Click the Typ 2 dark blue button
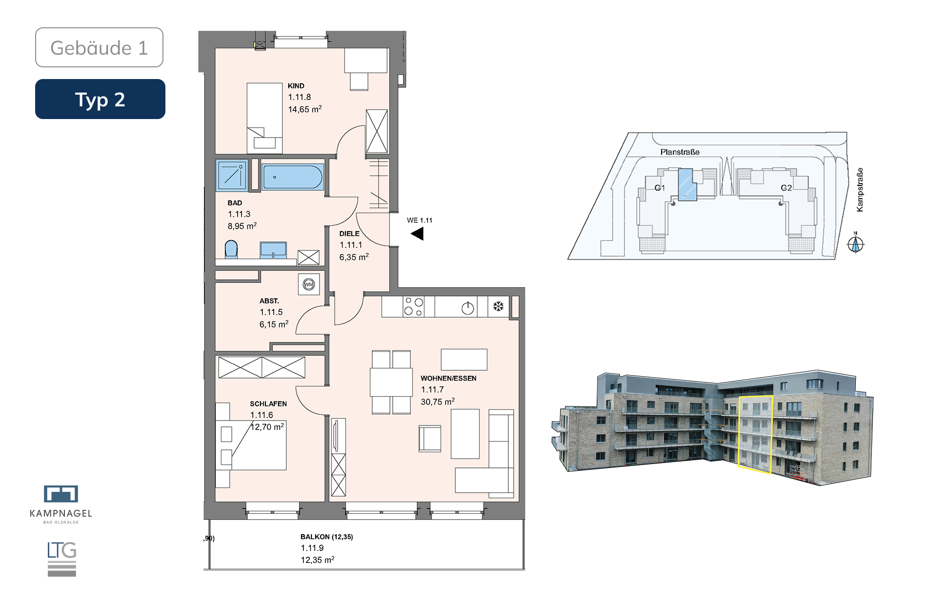click(100, 99)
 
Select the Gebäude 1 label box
click(99, 47)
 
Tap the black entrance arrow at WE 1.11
click(417, 234)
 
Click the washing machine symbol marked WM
click(309, 284)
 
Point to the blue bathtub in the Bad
click(293, 177)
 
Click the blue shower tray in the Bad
click(232, 175)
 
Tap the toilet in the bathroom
click(231, 249)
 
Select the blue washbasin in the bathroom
click(273, 250)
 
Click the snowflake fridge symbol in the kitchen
click(498, 306)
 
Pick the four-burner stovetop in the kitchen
click(414, 306)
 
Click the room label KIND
click(296, 86)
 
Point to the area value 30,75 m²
click(438, 402)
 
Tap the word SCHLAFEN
click(268, 403)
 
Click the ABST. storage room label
click(269, 301)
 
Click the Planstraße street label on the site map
click(680, 152)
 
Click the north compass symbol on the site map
click(855, 243)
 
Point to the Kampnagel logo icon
click(61, 494)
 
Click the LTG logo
click(62, 559)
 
